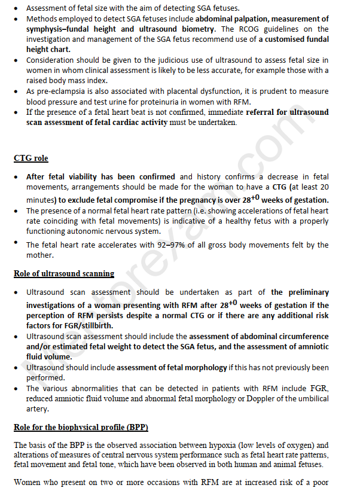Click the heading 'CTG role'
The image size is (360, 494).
(30, 158)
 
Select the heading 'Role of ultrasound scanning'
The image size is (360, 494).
(64, 274)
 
